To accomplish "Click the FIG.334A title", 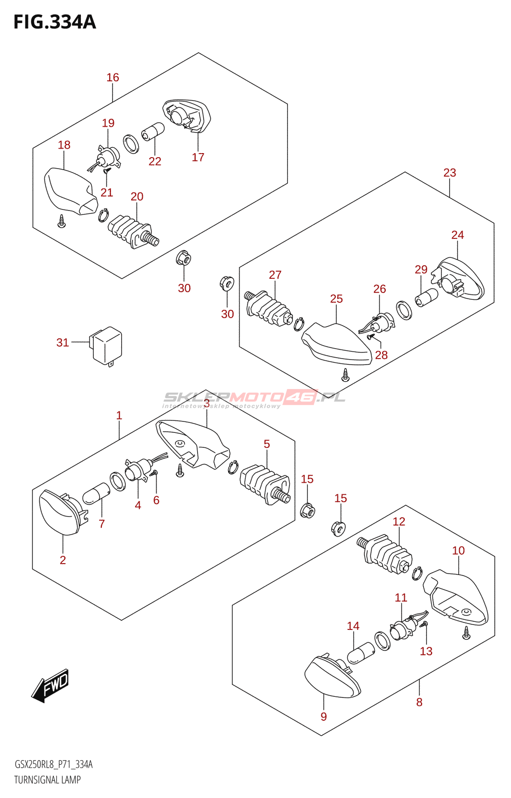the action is (54, 22).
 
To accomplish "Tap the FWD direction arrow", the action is (50, 685).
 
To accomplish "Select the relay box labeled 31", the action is (106, 346).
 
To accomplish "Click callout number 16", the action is (113, 77).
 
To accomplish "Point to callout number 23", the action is (450, 173).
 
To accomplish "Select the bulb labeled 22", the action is (153, 131).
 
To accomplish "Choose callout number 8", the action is (419, 702).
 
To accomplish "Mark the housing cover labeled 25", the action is (337, 344).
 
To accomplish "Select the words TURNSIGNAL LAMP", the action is (47, 780).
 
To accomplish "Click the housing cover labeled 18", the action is (71, 192).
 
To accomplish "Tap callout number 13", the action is (426, 651).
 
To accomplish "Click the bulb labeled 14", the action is (361, 653).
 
